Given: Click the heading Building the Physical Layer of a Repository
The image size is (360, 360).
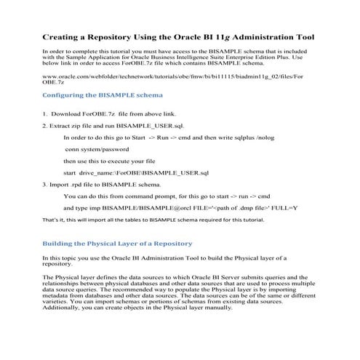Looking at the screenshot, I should pyautogui.click(x=116, y=243).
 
